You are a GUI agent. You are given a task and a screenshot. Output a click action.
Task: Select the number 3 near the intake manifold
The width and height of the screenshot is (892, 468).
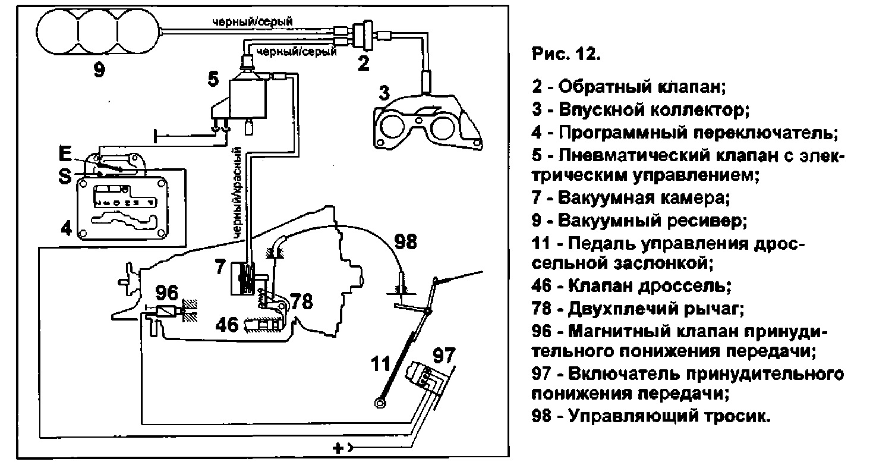tap(384, 94)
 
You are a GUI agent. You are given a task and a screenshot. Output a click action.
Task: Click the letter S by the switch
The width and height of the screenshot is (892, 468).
tap(67, 177)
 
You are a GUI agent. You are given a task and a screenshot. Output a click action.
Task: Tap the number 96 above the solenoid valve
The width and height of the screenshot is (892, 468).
tap(166, 293)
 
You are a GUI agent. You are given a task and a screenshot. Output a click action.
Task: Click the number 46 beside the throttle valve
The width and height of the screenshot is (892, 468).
tap(228, 324)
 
